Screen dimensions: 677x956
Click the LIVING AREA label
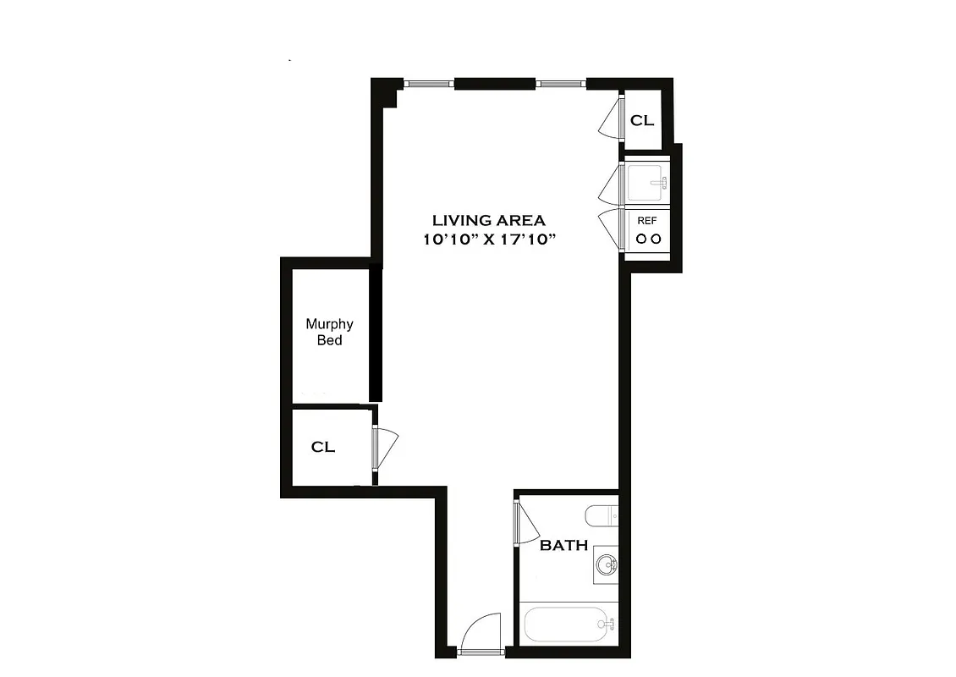coord(490,220)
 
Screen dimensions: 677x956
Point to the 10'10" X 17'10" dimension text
coord(490,239)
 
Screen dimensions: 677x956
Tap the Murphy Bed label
coord(330,332)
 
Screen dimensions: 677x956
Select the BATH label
coord(564,546)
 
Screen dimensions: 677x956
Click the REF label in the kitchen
coord(647,220)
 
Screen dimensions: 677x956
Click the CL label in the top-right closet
coord(642,121)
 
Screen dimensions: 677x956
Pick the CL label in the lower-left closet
coord(323,447)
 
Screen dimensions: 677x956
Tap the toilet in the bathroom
coord(602,515)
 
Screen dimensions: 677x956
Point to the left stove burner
coord(640,239)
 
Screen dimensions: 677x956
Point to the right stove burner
coord(655,239)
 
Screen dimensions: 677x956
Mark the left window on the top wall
coord(428,83)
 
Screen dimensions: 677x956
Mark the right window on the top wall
coord(561,83)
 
